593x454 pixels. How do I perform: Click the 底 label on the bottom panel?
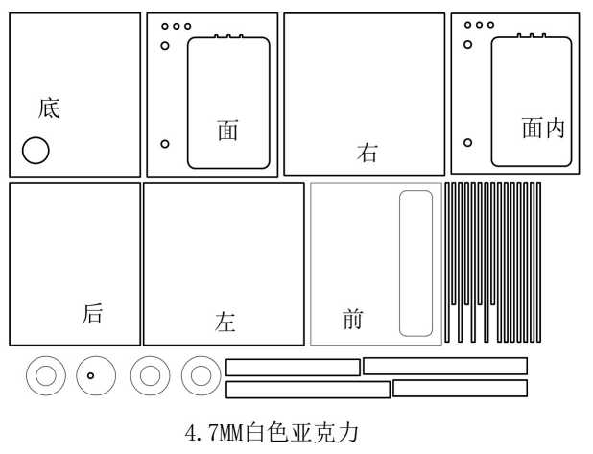click(x=49, y=108)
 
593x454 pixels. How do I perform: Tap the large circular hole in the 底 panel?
click(x=36, y=150)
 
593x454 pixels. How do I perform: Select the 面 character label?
click(x=227, y=130)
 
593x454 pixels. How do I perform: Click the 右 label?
click(x=367, y=153)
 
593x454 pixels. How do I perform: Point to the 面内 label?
click(x=543, y=128)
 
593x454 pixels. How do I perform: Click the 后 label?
click(x=92, y=313)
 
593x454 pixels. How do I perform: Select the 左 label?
click(x=225, y=322)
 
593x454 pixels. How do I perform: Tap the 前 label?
click(x=353, y=319)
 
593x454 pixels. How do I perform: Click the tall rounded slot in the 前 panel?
click(x=416, y=263)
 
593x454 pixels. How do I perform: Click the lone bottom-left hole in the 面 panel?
click(x=165, y=144)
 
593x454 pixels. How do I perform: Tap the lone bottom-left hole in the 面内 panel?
click(x=468, y=143)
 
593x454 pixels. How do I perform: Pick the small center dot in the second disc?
click(x=90, y=375)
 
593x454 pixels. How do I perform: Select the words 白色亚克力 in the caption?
click(x=302, y=433)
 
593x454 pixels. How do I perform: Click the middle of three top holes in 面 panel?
click(x=177, y=26)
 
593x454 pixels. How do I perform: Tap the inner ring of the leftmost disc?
click(x=46, y=376)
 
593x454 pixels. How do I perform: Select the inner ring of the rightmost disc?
click(x=201, y=376)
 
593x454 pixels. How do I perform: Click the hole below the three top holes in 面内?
click(x=468, y=45)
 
